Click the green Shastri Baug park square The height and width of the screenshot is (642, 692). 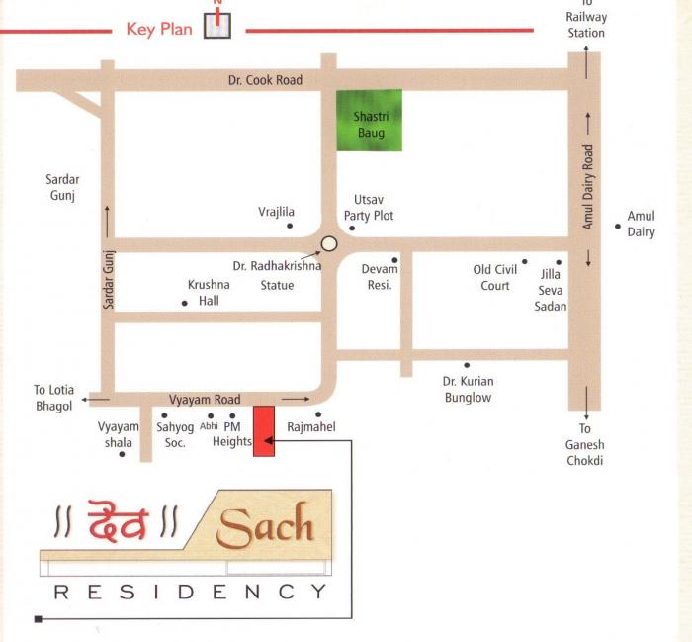tap(369, 120)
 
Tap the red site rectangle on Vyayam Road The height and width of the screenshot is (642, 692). tap(264, 430)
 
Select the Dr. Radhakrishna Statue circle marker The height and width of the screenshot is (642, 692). tap(329, 243)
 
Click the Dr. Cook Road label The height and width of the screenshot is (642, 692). tap(265, 80)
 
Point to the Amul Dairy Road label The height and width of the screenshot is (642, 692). tap(588, 188)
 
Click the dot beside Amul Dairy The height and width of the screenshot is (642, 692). tap(618, 227)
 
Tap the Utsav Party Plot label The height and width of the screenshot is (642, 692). tap(369, 208)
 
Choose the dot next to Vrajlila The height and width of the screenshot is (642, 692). tap(290, 227)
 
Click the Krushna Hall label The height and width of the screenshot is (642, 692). tap(209, 293)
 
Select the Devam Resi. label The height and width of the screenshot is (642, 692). tap(380, 277)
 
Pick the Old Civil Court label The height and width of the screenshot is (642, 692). tap(495, 277)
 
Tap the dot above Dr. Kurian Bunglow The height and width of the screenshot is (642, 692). tap(467, 365)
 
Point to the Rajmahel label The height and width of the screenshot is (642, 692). tap(311, 427)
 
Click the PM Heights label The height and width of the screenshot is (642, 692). tap(232, 434)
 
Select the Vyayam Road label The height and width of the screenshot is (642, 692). tap(205, 400)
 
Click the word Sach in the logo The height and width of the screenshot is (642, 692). tap(265, 527)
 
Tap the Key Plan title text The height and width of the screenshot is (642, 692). tap(159, 29)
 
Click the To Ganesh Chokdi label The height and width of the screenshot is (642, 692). tap(585, 445)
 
